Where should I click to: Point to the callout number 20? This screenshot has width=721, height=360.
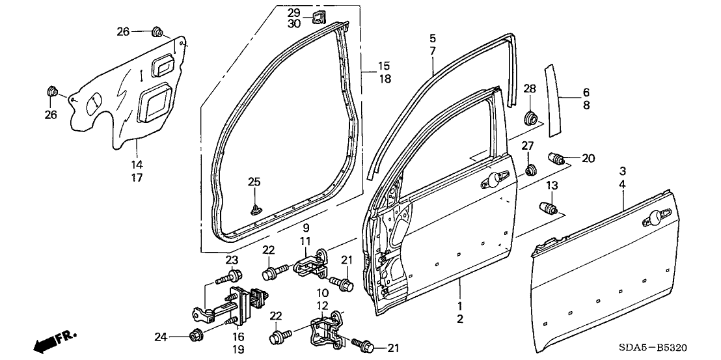tap(588, 158)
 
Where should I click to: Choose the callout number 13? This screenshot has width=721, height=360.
tap(551, 186)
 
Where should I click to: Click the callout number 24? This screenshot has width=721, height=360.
tap(161, 337)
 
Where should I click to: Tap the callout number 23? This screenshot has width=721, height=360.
tap(233, 260)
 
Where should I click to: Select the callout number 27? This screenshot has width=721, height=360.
tap(527, 145)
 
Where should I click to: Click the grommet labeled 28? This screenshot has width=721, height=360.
tap(532, 118)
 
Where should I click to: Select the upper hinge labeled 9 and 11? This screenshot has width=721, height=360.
tap(312, 264)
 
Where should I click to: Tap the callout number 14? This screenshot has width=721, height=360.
tap(137, 164)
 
